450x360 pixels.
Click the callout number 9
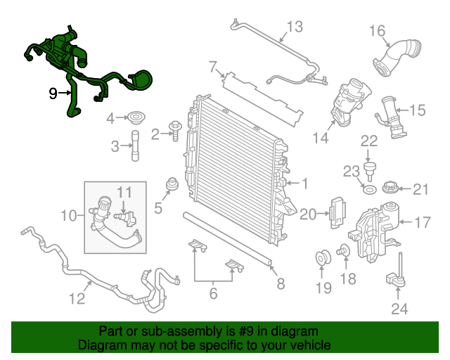53,92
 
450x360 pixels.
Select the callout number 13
294,27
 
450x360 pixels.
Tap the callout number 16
378,30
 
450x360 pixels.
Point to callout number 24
399,307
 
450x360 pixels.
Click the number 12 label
77,299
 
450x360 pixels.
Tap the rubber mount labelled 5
169,187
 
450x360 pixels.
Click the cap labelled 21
390,188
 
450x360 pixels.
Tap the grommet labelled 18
345,249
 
